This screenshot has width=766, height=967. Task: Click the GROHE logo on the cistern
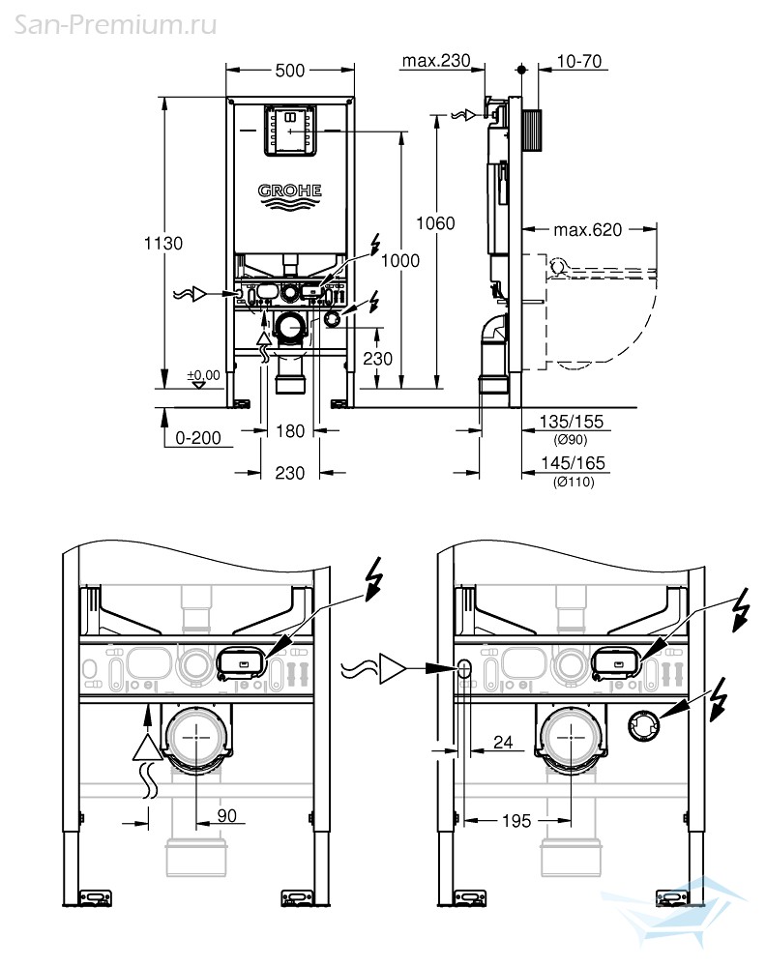click(x=290, y=195)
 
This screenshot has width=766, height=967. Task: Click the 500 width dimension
click(x=290, y=71)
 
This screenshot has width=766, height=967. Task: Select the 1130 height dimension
click(x=163, y=243)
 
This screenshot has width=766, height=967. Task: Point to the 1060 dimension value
click(x=435, y=223)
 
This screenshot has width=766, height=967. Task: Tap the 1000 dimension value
click(x=400, y=261)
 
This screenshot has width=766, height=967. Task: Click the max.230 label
click(x=436, y=60)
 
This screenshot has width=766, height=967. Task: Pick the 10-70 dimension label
click(x=579, y=61)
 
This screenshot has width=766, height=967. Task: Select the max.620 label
click(x=587, y=230)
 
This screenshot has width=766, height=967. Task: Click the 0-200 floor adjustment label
click(x=198, y=438)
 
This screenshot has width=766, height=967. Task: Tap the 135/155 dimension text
click(x=571, y=422)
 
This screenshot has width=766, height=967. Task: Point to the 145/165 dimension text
click(x=573, y=463)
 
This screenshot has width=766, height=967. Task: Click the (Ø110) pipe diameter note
click(x=574, y=482)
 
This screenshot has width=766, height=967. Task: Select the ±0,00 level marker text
click(x=203, y=375)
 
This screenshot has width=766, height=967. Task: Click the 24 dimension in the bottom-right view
click(x=503, y=742)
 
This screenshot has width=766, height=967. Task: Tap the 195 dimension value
click(x=516, y=821)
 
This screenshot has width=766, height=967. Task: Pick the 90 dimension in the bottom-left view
click(x=226, y=816)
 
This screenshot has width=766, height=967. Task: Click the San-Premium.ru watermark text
click(x=115, y=25)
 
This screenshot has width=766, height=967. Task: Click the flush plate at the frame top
click(x=290, y=131)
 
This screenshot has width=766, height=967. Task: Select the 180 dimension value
click(x=290, y=431)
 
